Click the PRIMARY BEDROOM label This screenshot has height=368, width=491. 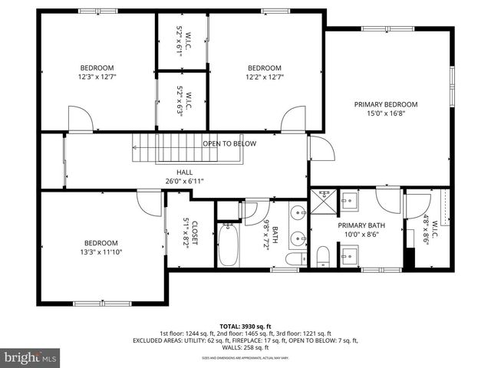point(385,104)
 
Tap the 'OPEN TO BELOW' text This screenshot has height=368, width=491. point(229,143)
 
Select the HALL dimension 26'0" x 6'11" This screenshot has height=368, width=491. point(184,182)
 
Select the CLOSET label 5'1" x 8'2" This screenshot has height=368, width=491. point(190,231)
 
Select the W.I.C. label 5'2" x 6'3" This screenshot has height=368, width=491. point(184,102)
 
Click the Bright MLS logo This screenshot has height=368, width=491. point(31,357)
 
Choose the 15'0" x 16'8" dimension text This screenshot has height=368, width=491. point(385,114)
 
